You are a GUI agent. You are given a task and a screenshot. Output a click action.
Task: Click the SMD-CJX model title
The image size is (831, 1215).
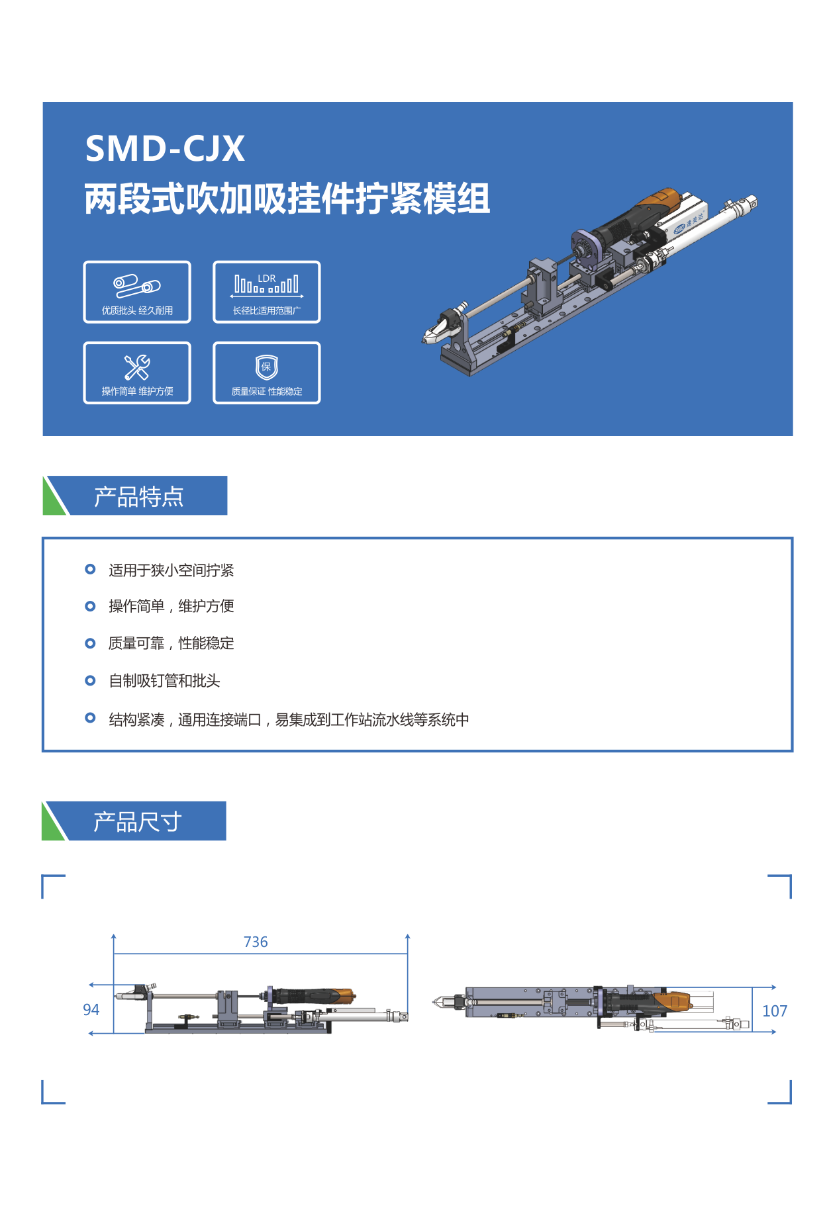(165, 148)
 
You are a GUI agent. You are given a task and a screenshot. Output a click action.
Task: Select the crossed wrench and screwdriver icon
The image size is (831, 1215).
(137, 367)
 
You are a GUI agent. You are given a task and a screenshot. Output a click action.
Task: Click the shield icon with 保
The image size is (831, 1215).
(267, 367)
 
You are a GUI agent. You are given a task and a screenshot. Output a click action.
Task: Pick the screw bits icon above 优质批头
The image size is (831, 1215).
(137, 286)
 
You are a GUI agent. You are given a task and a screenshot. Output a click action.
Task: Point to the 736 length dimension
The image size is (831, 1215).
(256, 942)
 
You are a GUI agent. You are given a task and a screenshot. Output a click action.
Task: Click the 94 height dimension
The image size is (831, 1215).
(91, 1010)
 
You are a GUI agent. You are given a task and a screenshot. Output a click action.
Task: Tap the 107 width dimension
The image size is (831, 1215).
(775, 1011)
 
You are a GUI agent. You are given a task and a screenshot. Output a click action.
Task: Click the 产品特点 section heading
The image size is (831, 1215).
(138, 497)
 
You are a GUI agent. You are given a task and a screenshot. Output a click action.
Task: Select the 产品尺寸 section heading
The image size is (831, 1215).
(138, 822)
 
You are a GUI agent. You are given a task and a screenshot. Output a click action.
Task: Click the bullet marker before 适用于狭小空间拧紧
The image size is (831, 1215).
(90, 569)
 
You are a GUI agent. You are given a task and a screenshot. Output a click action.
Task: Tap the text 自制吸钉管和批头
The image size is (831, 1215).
(164, 681)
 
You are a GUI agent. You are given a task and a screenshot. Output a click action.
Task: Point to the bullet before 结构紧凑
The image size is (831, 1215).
(90, 718)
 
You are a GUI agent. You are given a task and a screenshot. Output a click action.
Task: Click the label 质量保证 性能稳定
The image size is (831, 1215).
(267, 392)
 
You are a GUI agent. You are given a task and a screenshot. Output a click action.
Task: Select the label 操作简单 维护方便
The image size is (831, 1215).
(137, 392)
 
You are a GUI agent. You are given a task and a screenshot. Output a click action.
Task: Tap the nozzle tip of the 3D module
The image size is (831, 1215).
(424, 341)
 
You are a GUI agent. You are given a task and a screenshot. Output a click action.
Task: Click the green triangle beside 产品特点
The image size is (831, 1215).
(55, 496)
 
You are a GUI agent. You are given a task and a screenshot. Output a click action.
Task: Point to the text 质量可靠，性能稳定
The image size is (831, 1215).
(171, 643)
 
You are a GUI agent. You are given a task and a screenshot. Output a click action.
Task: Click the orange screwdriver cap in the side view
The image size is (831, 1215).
(342, 995)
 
